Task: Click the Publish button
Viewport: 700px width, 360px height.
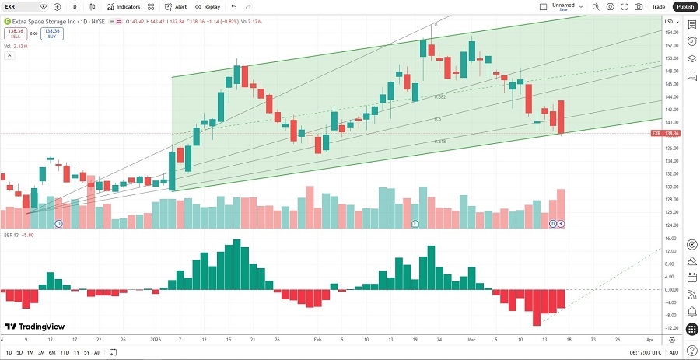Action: pyautogui.click(x=684, y=6)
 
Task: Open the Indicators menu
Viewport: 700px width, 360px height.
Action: pyautogui.click(x=124, y=6)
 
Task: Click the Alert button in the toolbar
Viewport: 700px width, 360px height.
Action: pyautogui.click(x=176, y=6)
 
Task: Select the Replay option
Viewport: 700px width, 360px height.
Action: pyautogui.click(x=208, y=6)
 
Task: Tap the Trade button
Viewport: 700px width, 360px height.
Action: pyautogui.click(x=658, y=6)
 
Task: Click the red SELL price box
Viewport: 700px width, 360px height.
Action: pyautogui.click(x=13, y=34)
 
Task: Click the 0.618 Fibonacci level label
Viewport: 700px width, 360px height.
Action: pyautogui.click(x=439, y=142)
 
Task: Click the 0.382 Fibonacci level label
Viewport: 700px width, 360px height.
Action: pyautogui.click(x=439, y=97)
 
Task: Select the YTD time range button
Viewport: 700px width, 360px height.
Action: pyautogui.click(x=64, y=352)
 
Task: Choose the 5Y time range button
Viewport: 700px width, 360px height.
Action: pyautogui.click(x=86, y=352)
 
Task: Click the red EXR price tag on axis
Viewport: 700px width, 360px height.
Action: pyautogui.click(x=667, y=134)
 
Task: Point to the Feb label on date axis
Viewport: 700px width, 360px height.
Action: pyautogui.click(x=317, y=340)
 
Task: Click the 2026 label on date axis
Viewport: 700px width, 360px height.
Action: pyautogui.click(x=156, y=340)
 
